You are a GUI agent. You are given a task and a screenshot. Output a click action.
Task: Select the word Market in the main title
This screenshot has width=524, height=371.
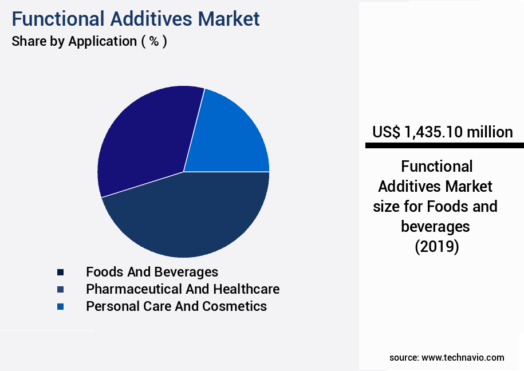[x=228, y=19]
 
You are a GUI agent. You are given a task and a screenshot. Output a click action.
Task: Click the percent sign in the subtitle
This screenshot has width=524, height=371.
[x=153, y=42]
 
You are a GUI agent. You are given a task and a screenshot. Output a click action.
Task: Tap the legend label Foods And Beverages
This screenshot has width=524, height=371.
[x=152, y=271]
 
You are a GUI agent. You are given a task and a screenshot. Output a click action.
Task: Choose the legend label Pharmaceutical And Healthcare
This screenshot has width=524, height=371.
[x=183, y=289]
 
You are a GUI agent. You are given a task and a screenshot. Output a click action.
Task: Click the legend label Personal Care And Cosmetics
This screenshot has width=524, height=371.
[x=176, y=306]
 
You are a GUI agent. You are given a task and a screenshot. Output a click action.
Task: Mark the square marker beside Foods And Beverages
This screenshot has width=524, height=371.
[x=60, y=272]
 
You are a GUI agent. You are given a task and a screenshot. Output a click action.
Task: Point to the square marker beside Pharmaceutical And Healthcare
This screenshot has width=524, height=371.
[x=60, y=289]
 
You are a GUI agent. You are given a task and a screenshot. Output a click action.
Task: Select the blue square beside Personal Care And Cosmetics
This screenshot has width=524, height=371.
[x=60, y=307]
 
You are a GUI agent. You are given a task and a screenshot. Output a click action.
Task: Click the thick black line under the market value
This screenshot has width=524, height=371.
[x=444, y=146]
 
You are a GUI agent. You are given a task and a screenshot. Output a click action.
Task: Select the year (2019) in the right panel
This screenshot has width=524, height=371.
[x=436, y=247]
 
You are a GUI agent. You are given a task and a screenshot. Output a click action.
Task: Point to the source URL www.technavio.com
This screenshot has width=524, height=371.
[x=463, y=357]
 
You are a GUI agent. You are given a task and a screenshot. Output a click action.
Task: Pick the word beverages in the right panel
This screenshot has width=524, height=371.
[x=435, y=227]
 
